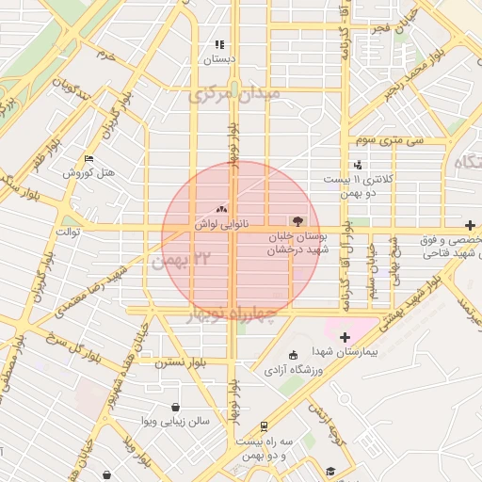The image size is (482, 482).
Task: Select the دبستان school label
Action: [x=217, y=59]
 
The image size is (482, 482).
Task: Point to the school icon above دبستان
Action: [x=219, y=44]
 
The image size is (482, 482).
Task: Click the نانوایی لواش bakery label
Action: [x=222, y=225]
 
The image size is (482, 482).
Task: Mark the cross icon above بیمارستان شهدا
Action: [x=345, y=337]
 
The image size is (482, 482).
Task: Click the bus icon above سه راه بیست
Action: [x=266, y=426]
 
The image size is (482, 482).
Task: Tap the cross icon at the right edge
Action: [x=470, y=225]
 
